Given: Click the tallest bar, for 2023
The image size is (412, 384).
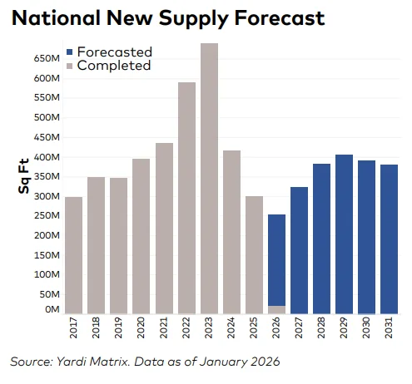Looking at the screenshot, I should (210, 179).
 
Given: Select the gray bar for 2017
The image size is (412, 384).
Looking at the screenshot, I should (73, 255).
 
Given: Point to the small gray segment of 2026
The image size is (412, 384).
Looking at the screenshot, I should (277, 309).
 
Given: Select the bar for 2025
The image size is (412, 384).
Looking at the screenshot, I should (255, 255).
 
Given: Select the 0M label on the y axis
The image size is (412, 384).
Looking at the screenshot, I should (52, 309).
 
